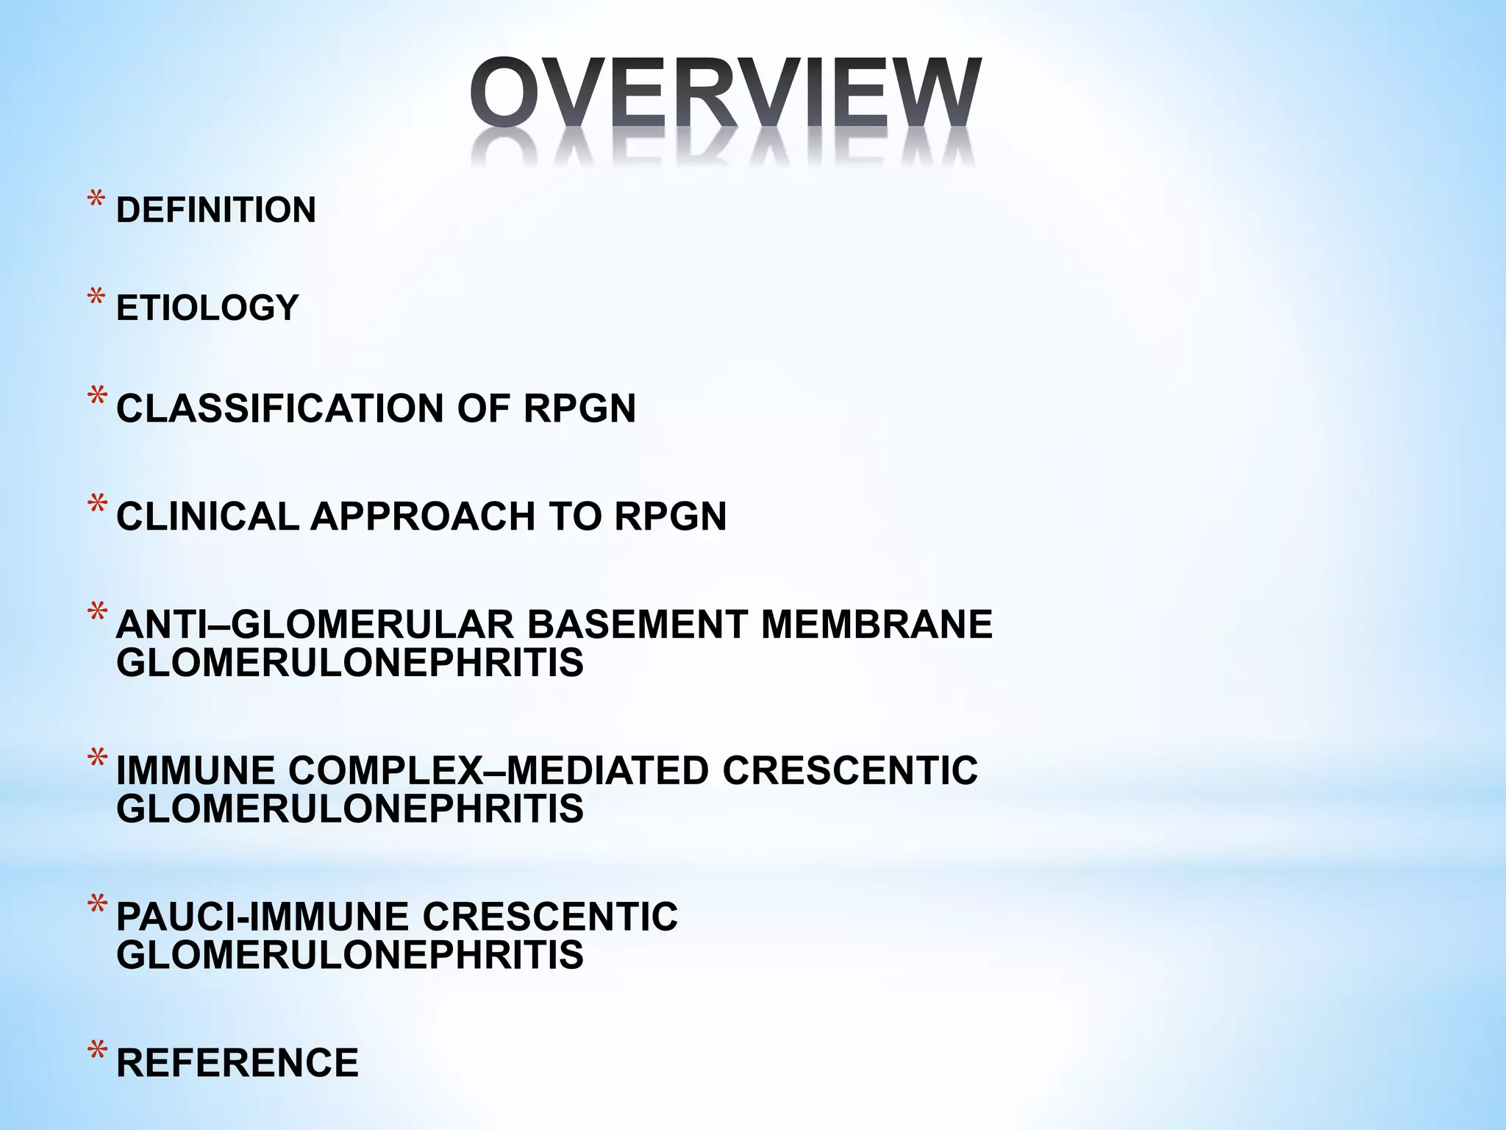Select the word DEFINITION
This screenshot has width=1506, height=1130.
click(x=216, y=210)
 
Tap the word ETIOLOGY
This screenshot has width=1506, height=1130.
click(x=207, y=308)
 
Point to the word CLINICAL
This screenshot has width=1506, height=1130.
click(x=207, y=516)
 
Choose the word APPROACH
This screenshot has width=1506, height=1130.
click(x=423, y=516)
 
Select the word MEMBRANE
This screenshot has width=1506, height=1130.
click(x=877, y=625)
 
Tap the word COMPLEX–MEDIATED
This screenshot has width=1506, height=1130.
click(x=499, y=771)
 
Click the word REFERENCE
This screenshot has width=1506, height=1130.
click(x=238, y=1063)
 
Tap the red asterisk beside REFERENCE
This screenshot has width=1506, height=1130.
click(x=96, y=1053)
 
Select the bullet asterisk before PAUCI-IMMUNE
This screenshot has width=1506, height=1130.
click(x=96, y=907)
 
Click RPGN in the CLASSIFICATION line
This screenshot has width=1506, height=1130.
click(x=579, y=408)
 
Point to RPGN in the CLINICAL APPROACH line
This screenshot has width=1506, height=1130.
click(x=670, y=516)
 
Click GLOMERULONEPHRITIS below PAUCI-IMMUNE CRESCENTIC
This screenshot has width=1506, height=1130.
click(x=350, y=956)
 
